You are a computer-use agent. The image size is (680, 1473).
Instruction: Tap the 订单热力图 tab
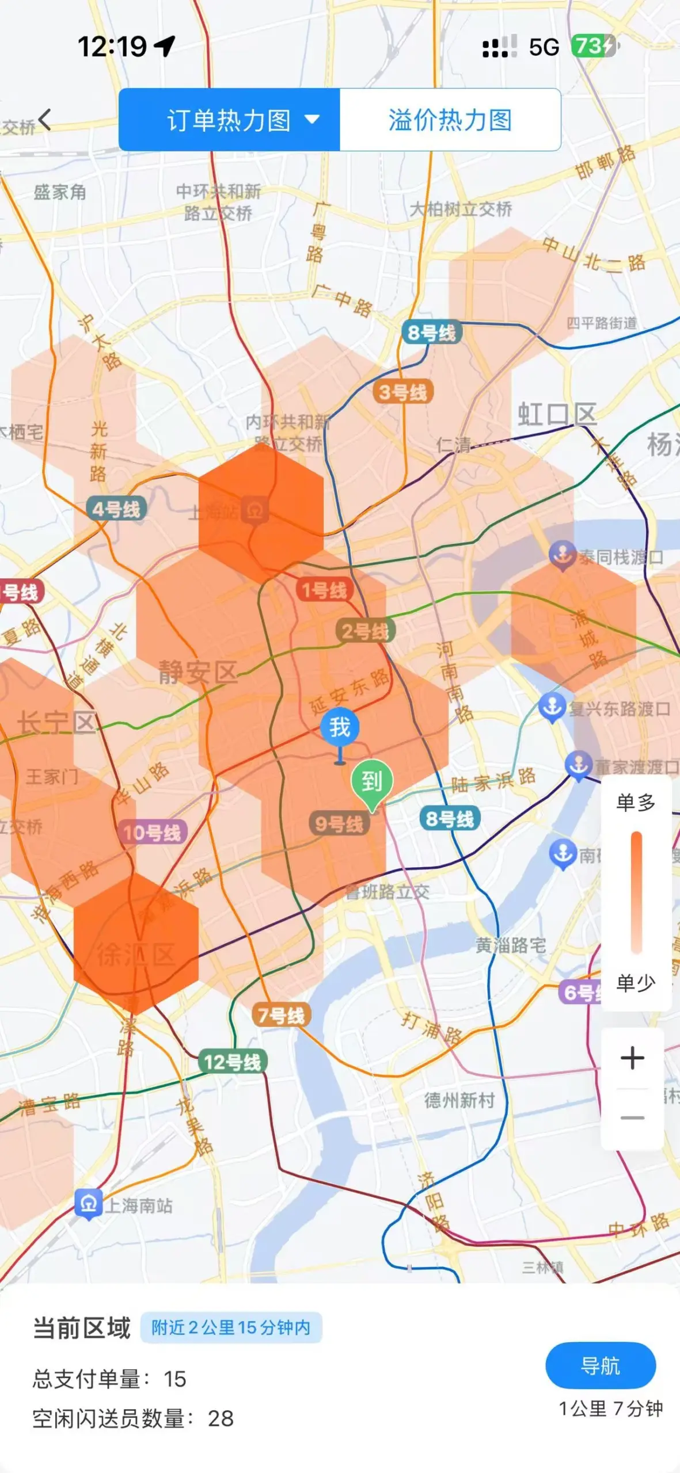click(x=229, y=120)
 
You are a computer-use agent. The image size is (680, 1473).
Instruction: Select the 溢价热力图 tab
click(x=450, y=120)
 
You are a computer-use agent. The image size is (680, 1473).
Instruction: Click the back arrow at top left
click(x=45, y=120)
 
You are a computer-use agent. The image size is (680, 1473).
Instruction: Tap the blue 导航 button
click(x=600, y=1365)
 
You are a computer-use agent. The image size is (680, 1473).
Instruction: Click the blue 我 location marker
click(x=340, y=727)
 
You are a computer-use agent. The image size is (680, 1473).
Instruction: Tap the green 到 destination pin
click(x=372, y=781)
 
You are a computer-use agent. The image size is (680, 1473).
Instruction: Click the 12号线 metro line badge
click(x=233, y=1062)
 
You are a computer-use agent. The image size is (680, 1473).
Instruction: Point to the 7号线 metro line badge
click(x=281, y=1015)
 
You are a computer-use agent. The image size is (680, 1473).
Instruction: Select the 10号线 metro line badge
click(x=152, y=832)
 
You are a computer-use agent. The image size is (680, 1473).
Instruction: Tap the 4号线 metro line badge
click(x=116, y=509)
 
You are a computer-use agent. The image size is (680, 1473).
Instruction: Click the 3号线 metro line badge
click(x=403, y=392)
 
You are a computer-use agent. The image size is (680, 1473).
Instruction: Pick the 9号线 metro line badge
click(x=339, y=824)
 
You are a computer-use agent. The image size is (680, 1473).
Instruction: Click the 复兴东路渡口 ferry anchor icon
click(x=552, y=707)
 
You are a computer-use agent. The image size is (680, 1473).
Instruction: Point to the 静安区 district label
click(x=198, y=672)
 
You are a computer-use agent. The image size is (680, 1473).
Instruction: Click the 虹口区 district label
click(x=557, y=414)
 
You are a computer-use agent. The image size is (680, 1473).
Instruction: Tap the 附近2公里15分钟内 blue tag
click(x=231, y=1327)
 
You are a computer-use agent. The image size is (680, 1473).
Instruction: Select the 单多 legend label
click(x=636, y=802)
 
